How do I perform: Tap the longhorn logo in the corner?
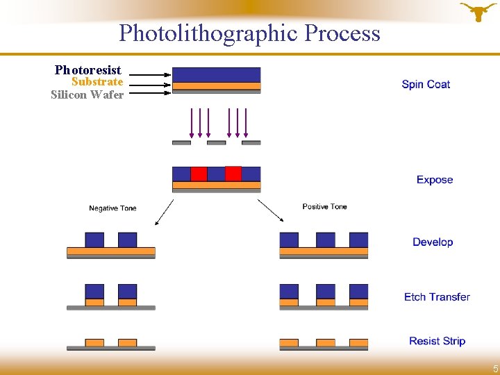click(478, 12)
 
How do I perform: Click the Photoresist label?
click(88, 70)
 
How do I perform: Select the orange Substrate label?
click(97, 82)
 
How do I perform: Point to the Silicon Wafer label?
click(87, 94)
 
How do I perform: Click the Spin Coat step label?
click(426, 85)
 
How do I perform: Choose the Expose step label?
click(435, 180)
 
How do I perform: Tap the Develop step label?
click(433, 242)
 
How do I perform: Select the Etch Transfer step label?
click(437, 297)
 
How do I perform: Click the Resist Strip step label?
click(437, 341)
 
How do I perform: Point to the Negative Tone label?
click(112, 208)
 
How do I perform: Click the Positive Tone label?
click(324, 206)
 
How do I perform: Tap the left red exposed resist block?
click(199, 174)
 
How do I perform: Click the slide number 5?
click(495, 369)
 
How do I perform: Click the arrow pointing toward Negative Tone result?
click(164, 212)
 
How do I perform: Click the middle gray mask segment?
click(217, 143)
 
